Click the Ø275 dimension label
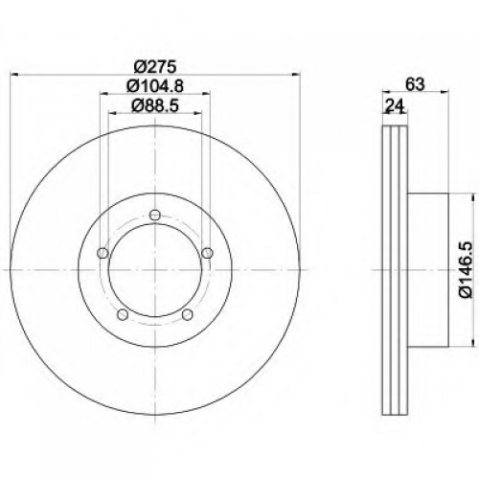[155, 67]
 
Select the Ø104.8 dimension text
[155, 86]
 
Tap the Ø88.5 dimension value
[155, 105]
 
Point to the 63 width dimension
[415, 84]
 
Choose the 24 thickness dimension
[395, 105]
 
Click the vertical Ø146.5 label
[466, 270]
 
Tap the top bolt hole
[155, 215]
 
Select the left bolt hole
[103, 253]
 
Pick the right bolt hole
[207, 253]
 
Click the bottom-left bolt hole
[123, 314]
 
